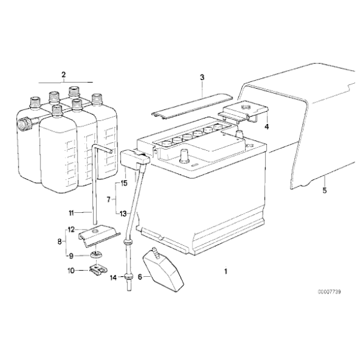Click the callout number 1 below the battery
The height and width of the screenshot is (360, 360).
point(225,271)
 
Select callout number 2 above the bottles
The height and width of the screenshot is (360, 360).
point(63,75)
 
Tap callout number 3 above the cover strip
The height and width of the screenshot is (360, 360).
point(202,77)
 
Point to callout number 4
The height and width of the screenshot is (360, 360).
point(266,126)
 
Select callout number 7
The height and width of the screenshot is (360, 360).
point(109,199)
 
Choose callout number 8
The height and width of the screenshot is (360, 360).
point(60,242)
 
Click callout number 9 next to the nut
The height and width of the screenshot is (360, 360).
point(71,255)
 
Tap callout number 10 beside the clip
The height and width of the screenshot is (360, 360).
point(71,271)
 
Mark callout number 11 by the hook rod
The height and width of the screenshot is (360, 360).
point(71,212)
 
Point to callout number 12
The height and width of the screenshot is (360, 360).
point(71,229)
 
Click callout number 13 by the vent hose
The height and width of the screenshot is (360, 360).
point(124,212)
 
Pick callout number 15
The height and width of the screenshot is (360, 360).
point(124,184)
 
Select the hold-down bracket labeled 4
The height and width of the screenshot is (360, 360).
point(243,112)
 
